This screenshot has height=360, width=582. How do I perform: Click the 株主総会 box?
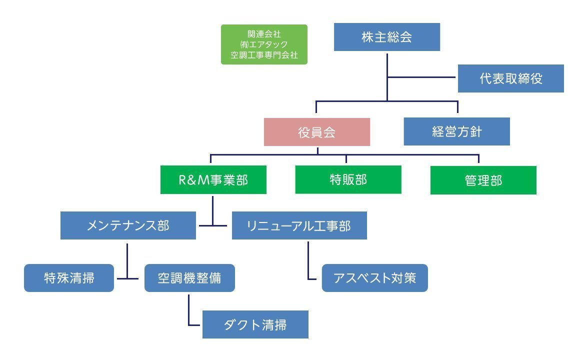(x=386, y=37)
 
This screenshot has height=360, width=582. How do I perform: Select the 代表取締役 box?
(x=510, y=78)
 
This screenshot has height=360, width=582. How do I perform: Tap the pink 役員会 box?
(x=316, y=132)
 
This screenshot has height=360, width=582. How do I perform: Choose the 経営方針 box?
(x=456, y=131)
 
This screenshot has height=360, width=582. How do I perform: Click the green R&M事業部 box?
(x=213, y=180)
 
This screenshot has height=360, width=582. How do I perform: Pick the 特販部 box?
(x=348, y=180)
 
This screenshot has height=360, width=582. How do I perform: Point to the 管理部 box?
(x=483, y=180)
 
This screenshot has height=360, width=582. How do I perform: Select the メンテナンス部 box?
(x=128, y=225)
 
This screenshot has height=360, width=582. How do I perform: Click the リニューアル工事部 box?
(x=299, y=225)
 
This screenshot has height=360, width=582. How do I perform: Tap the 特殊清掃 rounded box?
(x=69, y=278)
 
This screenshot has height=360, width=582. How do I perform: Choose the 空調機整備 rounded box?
(x=189, y=278)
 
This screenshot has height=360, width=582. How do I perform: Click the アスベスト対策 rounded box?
(x=374, y=278)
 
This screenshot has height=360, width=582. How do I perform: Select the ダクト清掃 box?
(x=255, y=324)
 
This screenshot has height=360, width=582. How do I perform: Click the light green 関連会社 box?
(x=264, y=44)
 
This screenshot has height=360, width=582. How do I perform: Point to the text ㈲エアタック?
(x=263, y=44)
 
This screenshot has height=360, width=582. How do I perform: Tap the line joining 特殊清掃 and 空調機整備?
(x=129, y=278)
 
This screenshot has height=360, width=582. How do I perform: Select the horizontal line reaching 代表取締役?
(x=422, y=77)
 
